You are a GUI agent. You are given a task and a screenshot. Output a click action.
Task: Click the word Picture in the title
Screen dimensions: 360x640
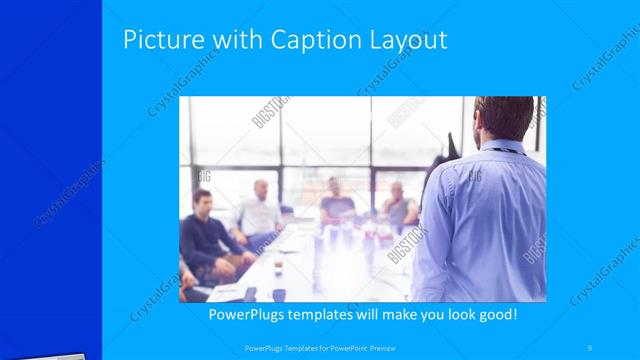[163, 41]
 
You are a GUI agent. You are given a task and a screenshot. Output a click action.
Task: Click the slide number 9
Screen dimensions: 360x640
[590, 347]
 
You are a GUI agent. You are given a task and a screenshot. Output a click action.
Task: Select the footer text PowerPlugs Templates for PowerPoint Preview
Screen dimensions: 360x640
[319, 348]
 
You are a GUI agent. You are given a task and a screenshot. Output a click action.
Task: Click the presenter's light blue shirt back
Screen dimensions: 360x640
[490, 220]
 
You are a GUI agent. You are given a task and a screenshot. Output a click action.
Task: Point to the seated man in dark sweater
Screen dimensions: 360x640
[205, 235]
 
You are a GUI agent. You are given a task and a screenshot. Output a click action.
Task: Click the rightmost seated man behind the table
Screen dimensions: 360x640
[398, 205]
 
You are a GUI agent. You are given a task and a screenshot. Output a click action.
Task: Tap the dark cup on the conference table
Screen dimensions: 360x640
[279, 294]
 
